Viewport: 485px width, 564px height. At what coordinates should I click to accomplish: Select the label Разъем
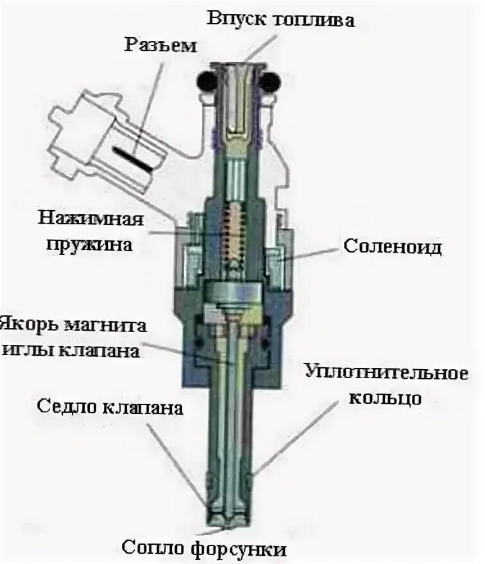point(161,46)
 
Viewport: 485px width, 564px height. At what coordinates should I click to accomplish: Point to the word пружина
point(92,244)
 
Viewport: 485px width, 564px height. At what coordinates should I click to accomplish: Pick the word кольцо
point(385,397)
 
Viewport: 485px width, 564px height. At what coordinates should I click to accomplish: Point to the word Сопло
point(151,549)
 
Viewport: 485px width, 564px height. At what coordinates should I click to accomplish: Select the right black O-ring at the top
point(271,82)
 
